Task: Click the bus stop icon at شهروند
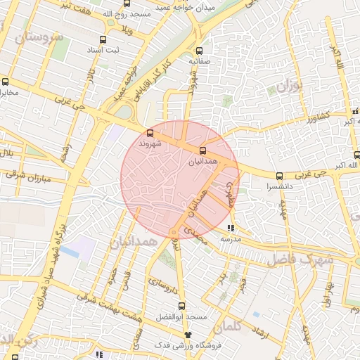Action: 149,132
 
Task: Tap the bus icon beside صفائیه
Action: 199,51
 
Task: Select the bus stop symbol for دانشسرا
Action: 280,176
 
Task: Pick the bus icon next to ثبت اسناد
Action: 103,40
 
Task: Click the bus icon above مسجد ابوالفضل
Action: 181,306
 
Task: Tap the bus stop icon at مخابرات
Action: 6,81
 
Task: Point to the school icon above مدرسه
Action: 231,227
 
